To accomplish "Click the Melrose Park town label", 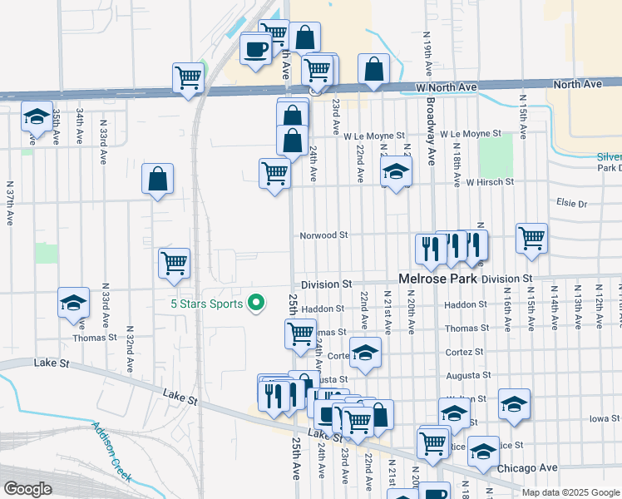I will click(438, 279).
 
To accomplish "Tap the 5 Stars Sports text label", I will click(208, 304).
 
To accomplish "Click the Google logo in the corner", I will click(27, 489).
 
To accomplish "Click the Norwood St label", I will click(324, 235).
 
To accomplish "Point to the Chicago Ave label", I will click(527, 468).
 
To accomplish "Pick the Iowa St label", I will click(604, 418).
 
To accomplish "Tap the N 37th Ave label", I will click(10, 204).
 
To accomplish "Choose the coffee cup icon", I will click(255, 47).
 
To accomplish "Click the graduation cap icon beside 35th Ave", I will click(37, 117).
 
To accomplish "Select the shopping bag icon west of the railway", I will click(157, 178).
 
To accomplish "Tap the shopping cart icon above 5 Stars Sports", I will click(174, 264).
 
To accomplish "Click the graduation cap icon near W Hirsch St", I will click(397, 172).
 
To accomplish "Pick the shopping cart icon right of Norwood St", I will click(531, 238).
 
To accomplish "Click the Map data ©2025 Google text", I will click(570, 492).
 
